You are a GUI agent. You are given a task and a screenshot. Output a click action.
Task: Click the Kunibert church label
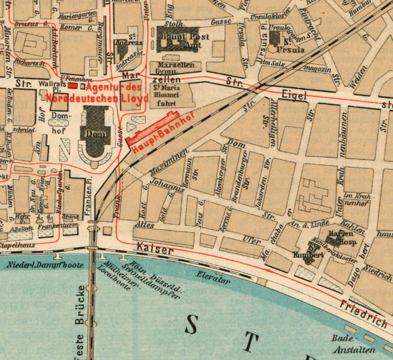304,254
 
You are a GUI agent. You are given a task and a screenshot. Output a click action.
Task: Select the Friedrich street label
365,315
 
